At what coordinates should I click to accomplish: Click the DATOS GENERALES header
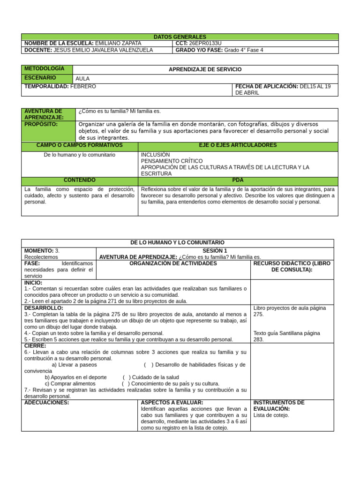coord(180,37)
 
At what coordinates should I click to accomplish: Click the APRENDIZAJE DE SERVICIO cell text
coord(205,69)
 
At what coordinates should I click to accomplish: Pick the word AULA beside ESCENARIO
coord(82,79)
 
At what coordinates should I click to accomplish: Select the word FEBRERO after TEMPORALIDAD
coord(83,87)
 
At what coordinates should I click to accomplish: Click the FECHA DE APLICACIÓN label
coord(266,87)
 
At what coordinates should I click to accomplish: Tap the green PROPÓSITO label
coord(41,125)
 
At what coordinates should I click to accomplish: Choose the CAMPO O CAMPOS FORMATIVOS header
coord(79,146)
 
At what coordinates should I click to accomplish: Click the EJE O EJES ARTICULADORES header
coord(238,146)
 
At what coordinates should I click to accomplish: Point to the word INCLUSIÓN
coord(155,155)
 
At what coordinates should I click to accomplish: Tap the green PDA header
coord(238,180)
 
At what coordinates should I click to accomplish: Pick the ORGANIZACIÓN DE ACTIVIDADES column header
coord(173,264)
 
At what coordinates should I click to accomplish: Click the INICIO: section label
coord(33,283)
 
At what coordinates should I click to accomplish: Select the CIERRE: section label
coord(35,346)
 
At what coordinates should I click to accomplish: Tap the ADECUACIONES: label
coord(46,403)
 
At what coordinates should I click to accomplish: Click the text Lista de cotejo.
coord(271,415)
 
